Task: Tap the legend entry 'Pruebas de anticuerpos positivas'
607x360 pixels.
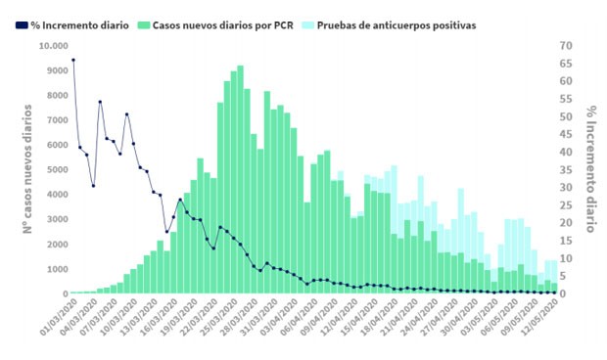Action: click(401, 24)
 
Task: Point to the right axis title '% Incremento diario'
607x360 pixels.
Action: click(590, 169)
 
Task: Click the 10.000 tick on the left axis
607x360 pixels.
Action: click(52, 46)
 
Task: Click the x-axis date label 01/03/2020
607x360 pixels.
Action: click(56, 320)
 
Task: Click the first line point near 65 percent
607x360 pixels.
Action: click(73, 60)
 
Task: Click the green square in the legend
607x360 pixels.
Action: click(144, 24)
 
